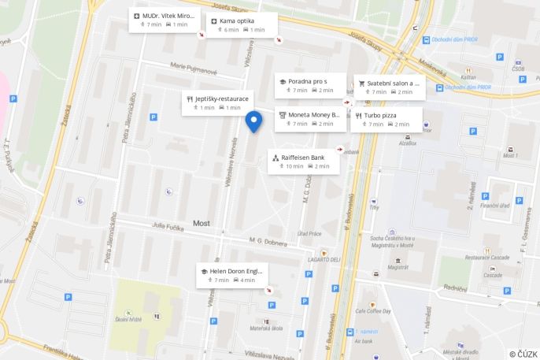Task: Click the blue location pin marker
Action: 253,122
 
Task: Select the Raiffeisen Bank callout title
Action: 306,158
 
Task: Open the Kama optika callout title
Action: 237,20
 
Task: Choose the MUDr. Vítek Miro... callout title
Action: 168,16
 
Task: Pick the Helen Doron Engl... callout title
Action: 236,271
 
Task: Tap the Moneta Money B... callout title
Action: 313,115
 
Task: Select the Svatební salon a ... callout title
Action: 394,82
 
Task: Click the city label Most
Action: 202,223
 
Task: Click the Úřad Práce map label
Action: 309,233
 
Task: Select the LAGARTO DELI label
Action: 324,259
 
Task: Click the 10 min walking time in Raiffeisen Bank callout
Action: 294,166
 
